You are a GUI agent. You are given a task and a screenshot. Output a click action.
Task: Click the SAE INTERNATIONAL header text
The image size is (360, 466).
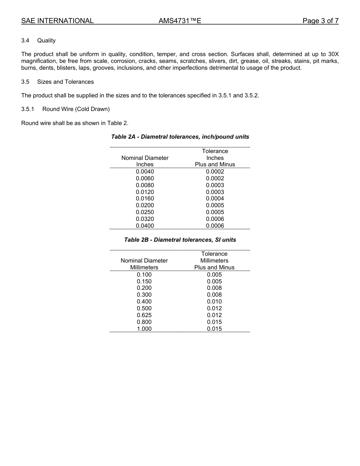57,21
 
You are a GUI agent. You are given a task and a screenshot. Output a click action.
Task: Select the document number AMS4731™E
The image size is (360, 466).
180,21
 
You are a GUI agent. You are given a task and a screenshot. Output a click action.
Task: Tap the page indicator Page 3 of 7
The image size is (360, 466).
320,21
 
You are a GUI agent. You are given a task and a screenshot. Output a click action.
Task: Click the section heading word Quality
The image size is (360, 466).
46,41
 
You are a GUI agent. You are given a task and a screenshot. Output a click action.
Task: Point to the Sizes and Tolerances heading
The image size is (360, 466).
65,82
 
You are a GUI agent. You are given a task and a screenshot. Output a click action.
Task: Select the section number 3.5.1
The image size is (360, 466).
28,109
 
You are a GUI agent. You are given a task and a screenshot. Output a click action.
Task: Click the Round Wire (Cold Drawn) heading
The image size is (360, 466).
76,109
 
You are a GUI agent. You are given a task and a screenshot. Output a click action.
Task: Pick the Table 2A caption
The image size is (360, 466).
180,136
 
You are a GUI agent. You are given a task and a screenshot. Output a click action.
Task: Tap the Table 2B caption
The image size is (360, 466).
180,240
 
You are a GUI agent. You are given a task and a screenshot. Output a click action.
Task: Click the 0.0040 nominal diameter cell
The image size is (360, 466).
145,172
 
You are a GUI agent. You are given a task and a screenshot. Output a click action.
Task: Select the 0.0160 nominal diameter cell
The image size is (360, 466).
145,199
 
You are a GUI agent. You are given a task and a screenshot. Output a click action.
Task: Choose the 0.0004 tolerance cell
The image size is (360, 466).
215,199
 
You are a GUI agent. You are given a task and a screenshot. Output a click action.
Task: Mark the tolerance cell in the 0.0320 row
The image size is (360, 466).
215,219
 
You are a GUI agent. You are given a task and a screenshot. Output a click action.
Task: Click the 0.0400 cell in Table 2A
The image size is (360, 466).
145,226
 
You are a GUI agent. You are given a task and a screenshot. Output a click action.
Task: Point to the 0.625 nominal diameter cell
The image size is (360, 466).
144,315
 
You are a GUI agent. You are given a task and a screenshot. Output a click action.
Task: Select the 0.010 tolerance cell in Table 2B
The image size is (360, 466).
214,302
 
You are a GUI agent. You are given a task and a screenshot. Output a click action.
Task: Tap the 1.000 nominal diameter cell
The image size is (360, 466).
144,329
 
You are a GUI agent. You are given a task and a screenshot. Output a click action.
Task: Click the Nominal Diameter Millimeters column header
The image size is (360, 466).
144,264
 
